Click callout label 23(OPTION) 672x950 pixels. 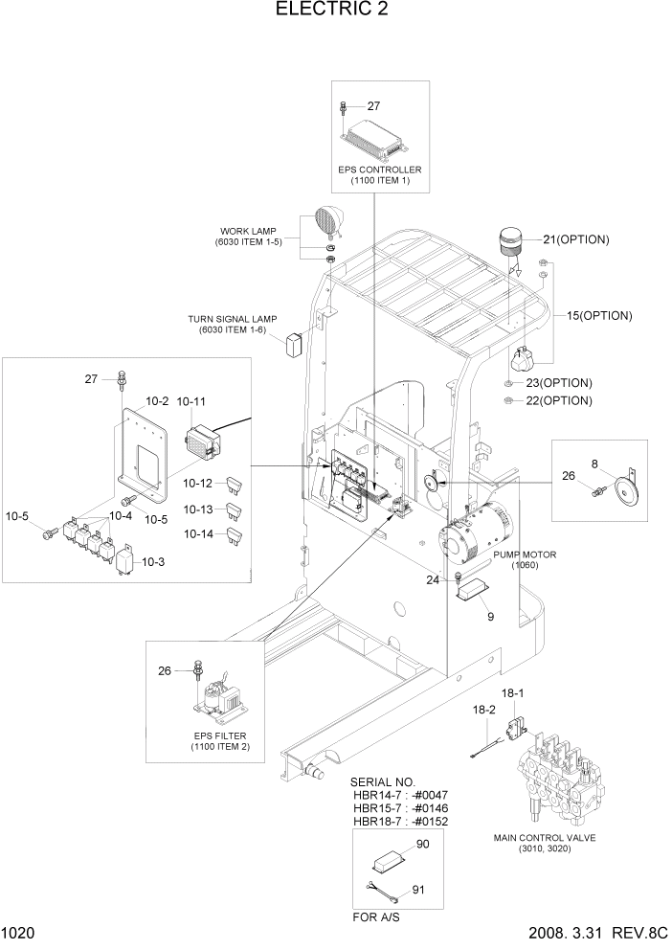tap(558, 383)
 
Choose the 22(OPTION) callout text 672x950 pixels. tap(558, 401)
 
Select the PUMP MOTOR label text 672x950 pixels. tap(525, 555)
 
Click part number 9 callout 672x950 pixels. tap(490, 617)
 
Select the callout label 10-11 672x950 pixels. tap(192, 402)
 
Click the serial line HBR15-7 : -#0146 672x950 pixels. tap(400, 808)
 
